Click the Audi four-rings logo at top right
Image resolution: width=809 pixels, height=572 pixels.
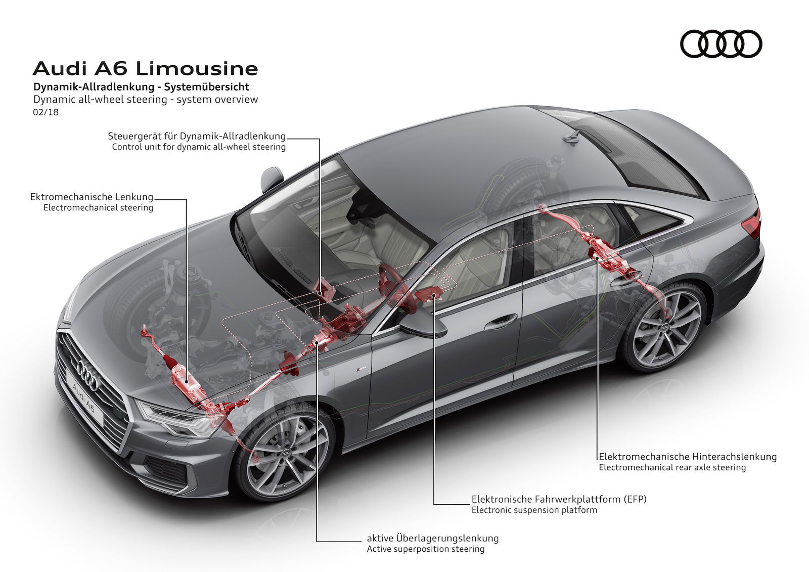pos(721,43)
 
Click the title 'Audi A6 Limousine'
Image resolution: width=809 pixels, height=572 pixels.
pos(145,68)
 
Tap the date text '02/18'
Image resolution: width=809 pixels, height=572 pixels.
pos(46,112)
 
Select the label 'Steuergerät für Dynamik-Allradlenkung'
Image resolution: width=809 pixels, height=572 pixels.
pos(197,136)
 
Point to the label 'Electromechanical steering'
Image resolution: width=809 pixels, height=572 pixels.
pos(98,207)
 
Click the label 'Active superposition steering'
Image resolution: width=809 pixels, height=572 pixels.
pos(426,549)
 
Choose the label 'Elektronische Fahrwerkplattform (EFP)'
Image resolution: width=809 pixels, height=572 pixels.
pos(559,499)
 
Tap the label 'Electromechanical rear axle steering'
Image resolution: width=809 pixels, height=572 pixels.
pos(672,467)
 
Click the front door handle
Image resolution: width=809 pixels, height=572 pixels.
pos(501,321)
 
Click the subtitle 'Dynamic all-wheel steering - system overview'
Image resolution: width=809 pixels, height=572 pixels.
pos(146,100)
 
